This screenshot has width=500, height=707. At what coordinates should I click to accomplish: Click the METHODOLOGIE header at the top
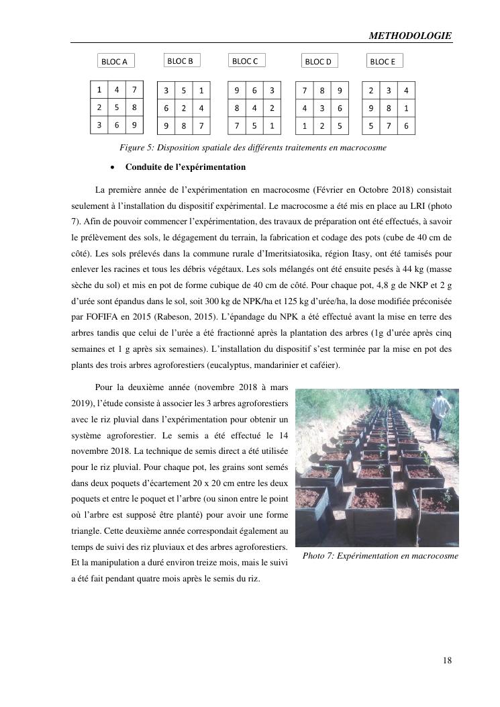(410, 36)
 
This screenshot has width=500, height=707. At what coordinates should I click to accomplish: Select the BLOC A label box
(115, 62)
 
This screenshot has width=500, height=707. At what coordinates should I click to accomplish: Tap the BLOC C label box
(246, 61)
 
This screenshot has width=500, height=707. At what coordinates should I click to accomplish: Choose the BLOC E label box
(384, 62)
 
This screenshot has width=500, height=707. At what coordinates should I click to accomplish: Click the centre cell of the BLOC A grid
(117, 107)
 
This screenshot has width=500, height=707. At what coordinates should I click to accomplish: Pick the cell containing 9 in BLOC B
(166, 126)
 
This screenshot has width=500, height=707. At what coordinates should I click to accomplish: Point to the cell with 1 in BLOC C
(271, 126)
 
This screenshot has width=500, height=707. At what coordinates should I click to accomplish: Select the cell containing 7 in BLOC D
(305, 90)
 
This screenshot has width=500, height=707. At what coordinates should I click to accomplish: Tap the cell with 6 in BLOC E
(405, 126)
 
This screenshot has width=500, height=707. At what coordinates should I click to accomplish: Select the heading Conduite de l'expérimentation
(185, 167)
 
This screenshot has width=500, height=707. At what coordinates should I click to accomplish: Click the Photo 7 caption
(380, 556)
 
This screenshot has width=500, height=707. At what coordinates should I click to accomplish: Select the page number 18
(446, 660)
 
